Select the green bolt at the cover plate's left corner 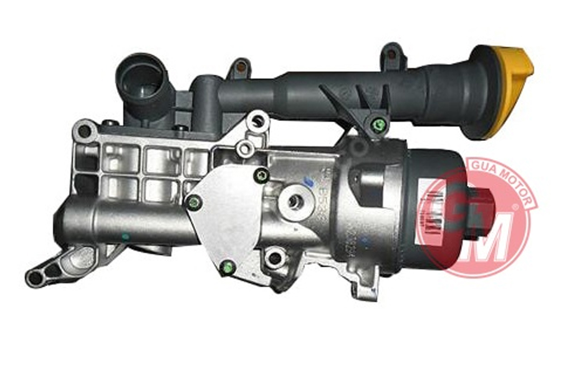(x=196, y=201)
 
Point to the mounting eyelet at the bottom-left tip (x=35, y=277)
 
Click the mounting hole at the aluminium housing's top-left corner (x=84, y=132)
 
